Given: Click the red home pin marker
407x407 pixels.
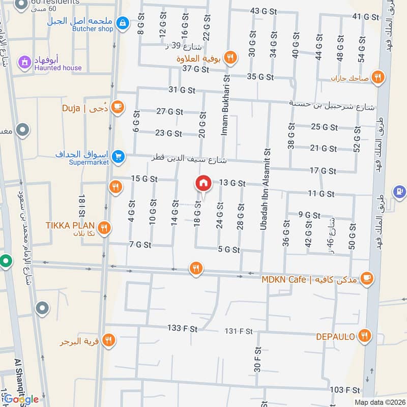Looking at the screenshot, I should pyautogui.click(x=203, y=183).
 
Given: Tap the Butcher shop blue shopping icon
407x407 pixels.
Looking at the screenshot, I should pyautogui.click(x=122, y=23).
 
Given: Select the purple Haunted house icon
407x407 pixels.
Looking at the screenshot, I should pyautogui.click(x=23, y=62).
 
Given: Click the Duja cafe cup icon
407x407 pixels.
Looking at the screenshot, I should pyautogui.click(x=118, y=107).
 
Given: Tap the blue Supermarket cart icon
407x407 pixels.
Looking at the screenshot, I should pyautogui.click(x=118, y=157).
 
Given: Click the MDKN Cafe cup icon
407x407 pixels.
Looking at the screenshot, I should pyautogui.click(x=366, y=278).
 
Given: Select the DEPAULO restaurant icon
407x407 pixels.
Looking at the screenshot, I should pyautogui.click(x=364, y=335).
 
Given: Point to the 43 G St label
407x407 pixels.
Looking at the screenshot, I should pyautogui.click(x=263, y=11).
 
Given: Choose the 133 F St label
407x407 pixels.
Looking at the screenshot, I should pyautogui.click(x=182, y=329).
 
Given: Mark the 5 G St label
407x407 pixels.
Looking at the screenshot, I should pyautogui.click(x=228, y=249).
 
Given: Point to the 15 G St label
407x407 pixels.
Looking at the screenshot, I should pyautogui.click(x=144, y=179).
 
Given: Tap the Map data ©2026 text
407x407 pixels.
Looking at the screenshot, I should pyautogui.click(x=379, y=402).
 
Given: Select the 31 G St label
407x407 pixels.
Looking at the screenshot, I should pyautogui.click(x=182, y=90).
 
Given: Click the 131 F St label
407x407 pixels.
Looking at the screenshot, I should pyautogui.click(x=239, y=331).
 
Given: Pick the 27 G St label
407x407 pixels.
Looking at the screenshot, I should pyautogui.click(x=168, y=111).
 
